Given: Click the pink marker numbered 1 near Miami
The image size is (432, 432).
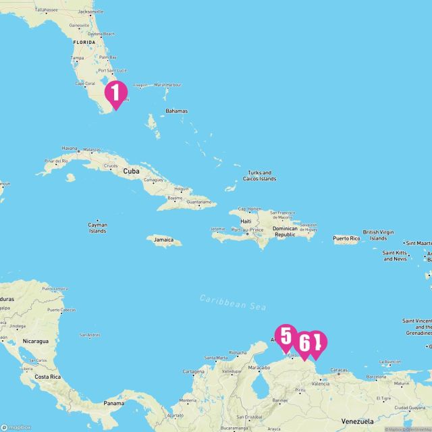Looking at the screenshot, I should click(x=116, y=93).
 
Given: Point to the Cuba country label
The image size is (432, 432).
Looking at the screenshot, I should click(x=131, y=171).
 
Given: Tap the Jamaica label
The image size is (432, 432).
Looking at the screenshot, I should click(x=163, y=240).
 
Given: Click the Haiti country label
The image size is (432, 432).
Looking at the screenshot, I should click(x=246, y=221).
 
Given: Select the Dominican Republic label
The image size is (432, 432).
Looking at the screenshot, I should click(x=285, y=232).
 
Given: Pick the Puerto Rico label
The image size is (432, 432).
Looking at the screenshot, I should click(x=346, y=238).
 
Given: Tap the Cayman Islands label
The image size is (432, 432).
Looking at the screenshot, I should click(x=97, y=228).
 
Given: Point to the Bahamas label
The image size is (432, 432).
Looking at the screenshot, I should click(x=176, y=111).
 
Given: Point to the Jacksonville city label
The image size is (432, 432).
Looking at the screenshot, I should click(x=91, y=11).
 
